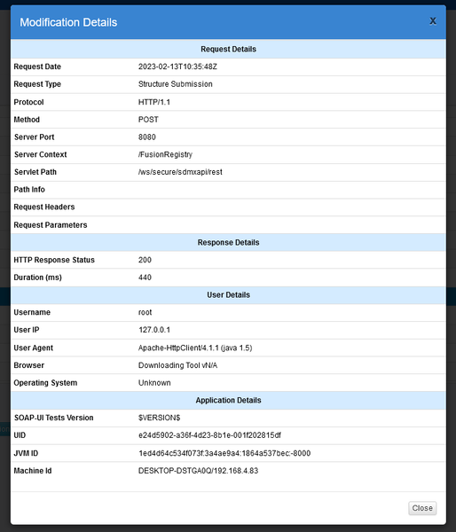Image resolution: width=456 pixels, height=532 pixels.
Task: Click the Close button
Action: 422,508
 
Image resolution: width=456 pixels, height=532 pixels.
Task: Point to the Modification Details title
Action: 68,22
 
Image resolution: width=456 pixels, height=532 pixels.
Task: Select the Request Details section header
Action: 228,49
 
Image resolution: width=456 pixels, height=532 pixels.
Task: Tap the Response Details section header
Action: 228,242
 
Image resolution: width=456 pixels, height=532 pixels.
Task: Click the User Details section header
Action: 228,294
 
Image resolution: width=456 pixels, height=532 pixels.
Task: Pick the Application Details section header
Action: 228,400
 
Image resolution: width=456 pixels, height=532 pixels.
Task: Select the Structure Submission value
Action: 175,84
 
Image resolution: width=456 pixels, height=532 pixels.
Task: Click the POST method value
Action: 148,120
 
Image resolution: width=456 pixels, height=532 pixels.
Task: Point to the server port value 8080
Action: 147,137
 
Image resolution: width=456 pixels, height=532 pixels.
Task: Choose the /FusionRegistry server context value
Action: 165,154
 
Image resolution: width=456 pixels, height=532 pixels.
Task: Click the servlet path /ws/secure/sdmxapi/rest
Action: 180,172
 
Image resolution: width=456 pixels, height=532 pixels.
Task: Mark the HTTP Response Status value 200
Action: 145,260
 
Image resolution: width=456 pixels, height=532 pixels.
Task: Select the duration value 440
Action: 145,278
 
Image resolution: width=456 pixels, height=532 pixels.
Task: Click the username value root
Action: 145,312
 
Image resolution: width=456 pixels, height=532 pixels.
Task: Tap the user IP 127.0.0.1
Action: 156,330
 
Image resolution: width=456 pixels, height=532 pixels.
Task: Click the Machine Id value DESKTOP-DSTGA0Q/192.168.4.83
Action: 199,470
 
